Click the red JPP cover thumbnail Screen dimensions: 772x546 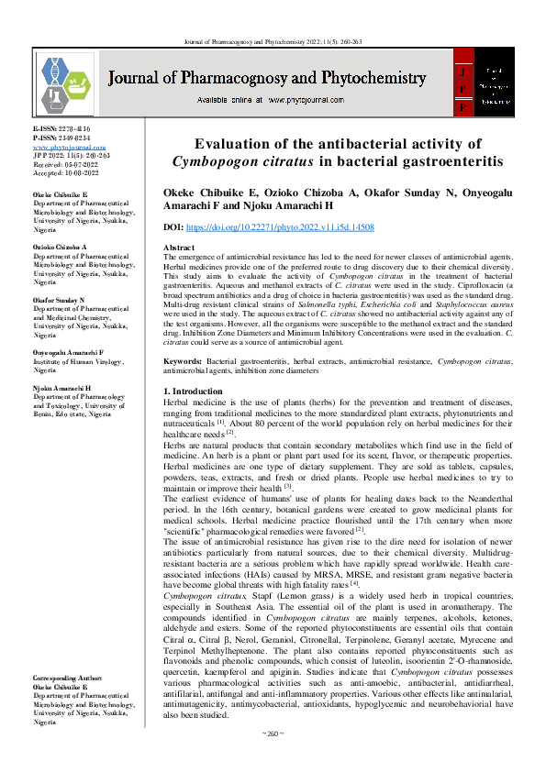pos(486,83)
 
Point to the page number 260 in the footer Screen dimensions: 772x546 pos(273,759)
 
